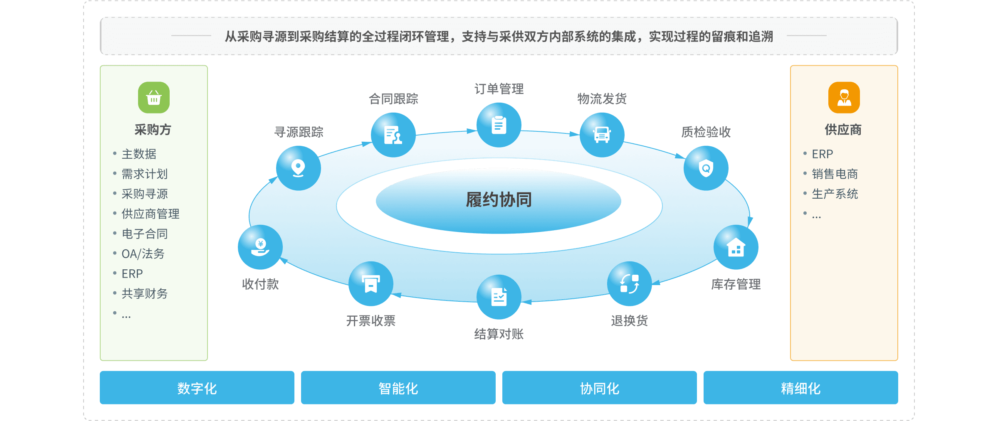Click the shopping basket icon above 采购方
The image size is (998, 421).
[x=154, y=98]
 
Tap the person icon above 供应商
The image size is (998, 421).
[x=844, y=98]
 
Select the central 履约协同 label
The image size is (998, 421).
[x=499, y=200]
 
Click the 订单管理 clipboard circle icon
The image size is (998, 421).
[x=499, y=125]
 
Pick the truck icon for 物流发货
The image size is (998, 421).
[x=602, y=135]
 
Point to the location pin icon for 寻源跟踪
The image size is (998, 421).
[x=298, y=168]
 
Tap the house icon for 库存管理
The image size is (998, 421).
[x=736, y=247]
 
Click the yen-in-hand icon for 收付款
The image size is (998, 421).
[x=260, y=247]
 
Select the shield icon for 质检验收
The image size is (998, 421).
[x=706, y=168]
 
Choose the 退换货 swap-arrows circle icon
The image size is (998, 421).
[x=629, y=284]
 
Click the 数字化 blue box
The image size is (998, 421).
[x=197, y=388]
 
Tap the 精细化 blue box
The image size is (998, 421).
[x=800, y=388]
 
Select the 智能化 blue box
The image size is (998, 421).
[x=398, y=388]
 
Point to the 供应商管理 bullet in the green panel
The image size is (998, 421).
[x=150, y=214]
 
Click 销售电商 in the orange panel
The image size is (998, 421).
[x=835, y=174]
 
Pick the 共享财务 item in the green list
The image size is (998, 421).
[x=144, y=294]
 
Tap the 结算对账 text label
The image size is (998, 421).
[x=499, y=334]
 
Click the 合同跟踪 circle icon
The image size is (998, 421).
[x=393, y=135]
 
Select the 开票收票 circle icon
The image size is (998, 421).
[x=371, y=284]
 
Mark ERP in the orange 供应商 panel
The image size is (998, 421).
[x=822, y=154]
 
